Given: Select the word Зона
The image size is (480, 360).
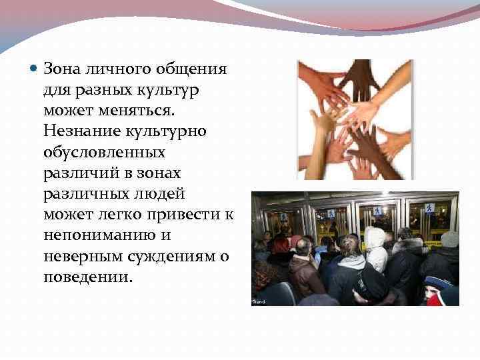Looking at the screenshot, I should pyautogui.click(x=63, y=69).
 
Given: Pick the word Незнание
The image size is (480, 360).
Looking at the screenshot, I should pyautogui.click(x=80, y=131).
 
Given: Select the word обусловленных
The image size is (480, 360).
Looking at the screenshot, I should pyautogui.click(x=104, y=152).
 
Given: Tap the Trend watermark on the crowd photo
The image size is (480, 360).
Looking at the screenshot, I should pyautogui.click(x=258, y=302).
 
